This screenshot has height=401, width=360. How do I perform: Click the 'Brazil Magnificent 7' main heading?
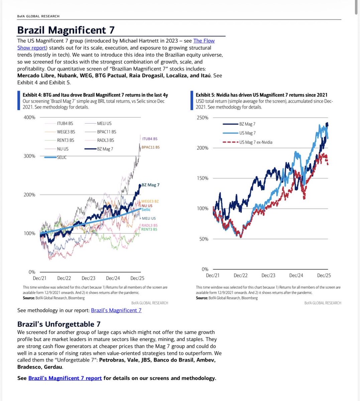click(x=66, y=30)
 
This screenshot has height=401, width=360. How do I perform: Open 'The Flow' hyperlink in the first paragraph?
click(x=204, y=41)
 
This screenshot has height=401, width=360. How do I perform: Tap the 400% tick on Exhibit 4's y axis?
click(x=29, y=117)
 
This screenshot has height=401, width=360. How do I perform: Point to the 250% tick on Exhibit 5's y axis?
click(x=203, y=118)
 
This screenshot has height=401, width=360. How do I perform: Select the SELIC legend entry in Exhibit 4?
click(x=62, y=157)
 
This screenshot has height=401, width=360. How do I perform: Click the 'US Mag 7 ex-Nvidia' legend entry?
click(x=256, y=142)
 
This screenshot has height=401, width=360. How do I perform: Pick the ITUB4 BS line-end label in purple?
click(x=149, y=139)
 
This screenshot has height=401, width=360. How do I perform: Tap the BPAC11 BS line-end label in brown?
click(x=150, y=147)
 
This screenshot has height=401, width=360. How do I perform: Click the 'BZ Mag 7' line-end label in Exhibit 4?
click(x=150, y=185)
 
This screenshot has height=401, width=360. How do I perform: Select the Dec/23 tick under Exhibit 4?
click(x=88, y=278)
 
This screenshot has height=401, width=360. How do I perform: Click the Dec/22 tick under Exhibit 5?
click(x=240, y=275)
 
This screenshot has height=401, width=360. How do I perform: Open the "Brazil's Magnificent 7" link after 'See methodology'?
click(x=116, y=310)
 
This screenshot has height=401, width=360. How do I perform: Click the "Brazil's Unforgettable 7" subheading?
click(x=59, y=324)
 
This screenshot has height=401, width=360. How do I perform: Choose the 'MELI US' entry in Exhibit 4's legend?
click(x=104, y=124)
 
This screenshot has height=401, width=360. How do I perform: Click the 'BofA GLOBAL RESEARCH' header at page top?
click(x=38, y=16)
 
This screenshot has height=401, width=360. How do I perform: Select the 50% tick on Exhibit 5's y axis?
click(x=204, y=239)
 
